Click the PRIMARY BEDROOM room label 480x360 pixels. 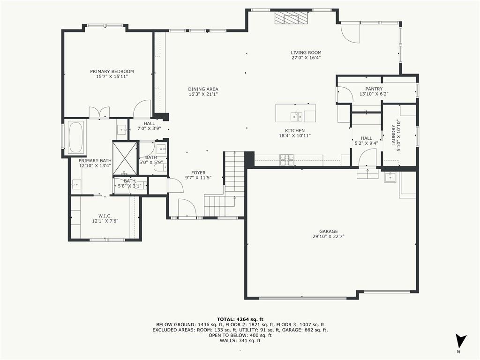(112, 71)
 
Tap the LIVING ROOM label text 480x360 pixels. (306, 52)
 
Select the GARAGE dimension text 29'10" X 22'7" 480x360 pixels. (329, 236)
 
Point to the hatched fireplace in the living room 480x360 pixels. (291, 18)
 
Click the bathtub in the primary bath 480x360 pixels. (76, 137)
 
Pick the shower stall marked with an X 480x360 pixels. (125, 158)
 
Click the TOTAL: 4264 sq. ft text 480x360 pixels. (240, 320)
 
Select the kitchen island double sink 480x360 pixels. (296, 117)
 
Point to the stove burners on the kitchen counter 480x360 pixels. (286, 160)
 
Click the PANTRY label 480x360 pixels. (374, 89)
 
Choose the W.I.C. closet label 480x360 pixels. (105, 216)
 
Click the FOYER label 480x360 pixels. (198, 172)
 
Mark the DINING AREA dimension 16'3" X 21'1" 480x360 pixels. (203, 94)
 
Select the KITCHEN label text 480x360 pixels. (295, 130)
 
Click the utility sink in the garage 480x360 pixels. (390, 177)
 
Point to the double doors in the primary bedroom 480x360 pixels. (99, 112)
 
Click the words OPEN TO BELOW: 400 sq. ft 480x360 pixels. (240, 335)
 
